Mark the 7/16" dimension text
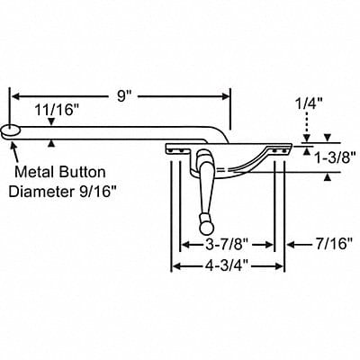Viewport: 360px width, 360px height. tap(324, 244)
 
